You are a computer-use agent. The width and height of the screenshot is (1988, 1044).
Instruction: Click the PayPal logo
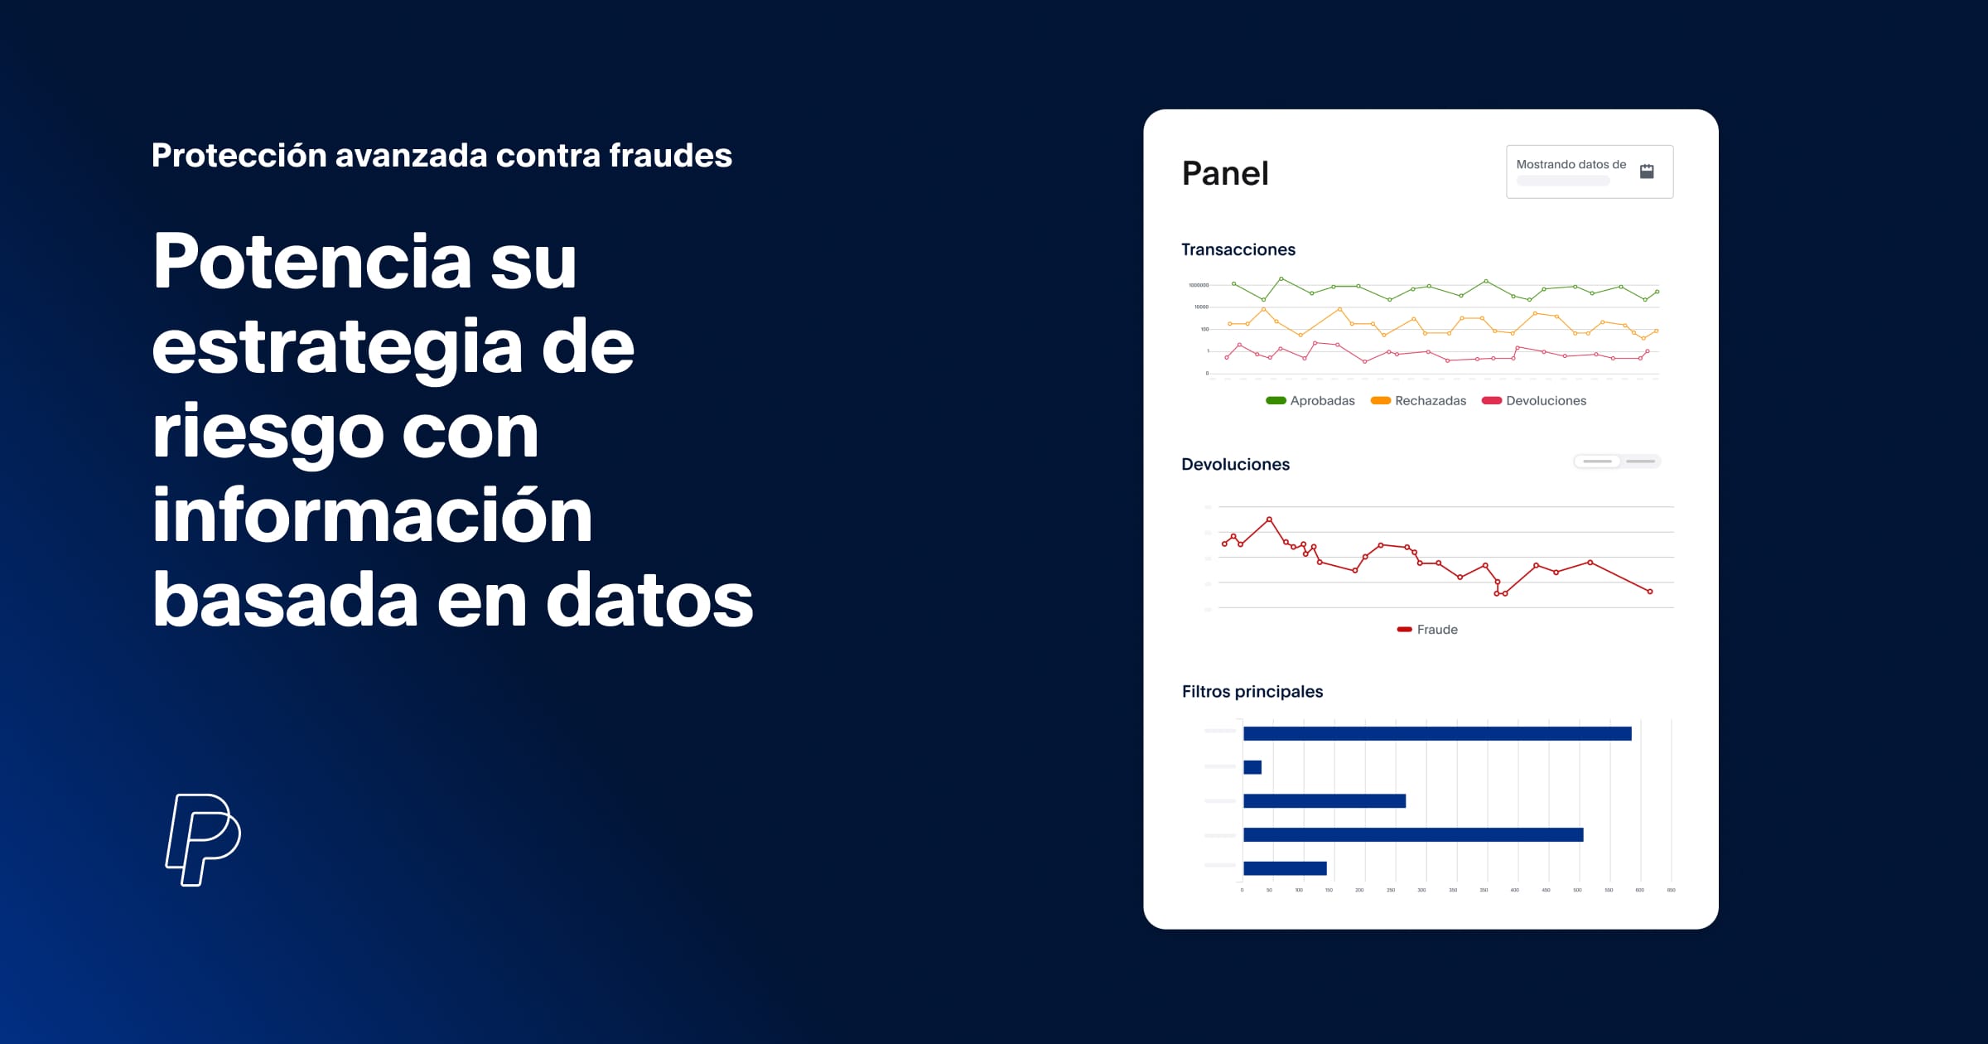[x=203, y=839]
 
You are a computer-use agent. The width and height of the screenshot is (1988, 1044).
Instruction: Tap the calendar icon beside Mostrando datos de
[x=1647, y=172]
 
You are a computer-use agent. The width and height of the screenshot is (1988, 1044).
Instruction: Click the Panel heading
[x=1224, y=173]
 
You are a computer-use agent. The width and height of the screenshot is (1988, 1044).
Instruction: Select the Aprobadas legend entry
[x=1310, y=401]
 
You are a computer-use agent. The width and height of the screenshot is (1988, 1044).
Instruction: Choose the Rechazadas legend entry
[x=1418, y=401]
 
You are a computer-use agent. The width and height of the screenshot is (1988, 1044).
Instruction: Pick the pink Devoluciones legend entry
[x=1534, y=401]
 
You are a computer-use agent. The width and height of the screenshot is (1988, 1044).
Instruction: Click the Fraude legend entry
[x=1427, y=630]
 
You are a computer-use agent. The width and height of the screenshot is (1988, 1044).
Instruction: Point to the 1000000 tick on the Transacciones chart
[x=1199, y=285]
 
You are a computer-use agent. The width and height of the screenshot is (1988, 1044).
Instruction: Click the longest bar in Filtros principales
[x=1437, y=733]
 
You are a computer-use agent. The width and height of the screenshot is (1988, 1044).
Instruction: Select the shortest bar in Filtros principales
[x=1252, y=767]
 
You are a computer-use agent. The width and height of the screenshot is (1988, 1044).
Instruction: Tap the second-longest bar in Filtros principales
[x=1413, y=834]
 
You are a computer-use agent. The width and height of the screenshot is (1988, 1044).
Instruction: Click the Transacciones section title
[x=1238, y=249]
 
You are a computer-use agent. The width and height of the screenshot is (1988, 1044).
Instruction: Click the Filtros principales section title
[x=1252, y=691]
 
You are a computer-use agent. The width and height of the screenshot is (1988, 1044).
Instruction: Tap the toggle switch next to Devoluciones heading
[x=1617, y=462]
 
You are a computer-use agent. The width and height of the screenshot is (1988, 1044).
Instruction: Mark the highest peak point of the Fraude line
[x=1269, y=520]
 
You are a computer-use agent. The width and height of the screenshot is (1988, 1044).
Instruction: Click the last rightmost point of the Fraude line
[x=1650, y=592]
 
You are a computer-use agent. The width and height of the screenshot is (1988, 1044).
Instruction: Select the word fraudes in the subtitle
[x=670, y=156]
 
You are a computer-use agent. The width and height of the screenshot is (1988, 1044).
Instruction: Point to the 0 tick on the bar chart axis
[x=1242, y=890]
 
